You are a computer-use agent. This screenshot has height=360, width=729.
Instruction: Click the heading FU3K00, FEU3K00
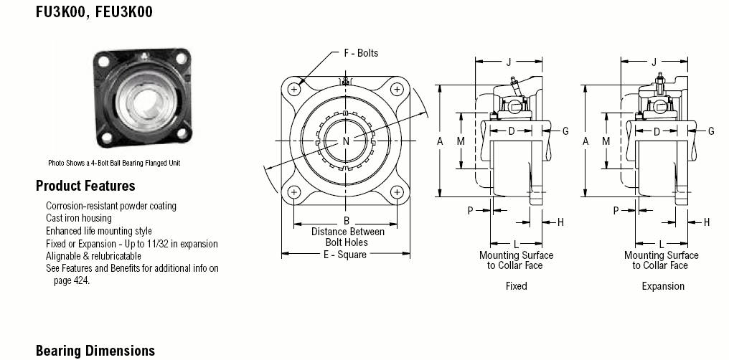(x=94, y=11)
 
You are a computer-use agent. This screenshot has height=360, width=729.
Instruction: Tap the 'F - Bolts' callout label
(x=361, y=53)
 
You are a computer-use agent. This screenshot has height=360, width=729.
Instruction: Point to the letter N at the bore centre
(x=346, y=141)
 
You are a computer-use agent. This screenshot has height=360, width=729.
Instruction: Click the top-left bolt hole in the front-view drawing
(x=294, y=89)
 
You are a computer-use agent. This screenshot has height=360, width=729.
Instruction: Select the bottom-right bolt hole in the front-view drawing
(x=397, y=191)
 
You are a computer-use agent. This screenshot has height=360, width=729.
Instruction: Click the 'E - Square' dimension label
(x=345, y=254)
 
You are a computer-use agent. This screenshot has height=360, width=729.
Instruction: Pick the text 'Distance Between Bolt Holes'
(x=348, y=237)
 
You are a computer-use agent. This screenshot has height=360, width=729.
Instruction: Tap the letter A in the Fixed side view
(x=441, y=141)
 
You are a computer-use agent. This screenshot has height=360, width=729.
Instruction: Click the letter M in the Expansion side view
(x=606, y=141)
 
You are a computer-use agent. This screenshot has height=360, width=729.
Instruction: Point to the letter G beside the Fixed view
(x=565, y=131)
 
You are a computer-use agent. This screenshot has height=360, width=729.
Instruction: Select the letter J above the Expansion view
(x=654, y=62)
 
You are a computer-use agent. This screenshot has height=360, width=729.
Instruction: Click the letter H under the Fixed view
(x=560, y=222)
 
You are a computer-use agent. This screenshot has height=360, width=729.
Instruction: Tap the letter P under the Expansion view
(x=616, y=211)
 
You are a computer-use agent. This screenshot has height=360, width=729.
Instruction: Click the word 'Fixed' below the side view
(x=517, y=286)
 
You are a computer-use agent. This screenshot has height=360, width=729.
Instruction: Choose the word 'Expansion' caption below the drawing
(x=663, y=286)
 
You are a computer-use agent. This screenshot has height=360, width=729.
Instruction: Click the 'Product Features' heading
(x=85, y=186)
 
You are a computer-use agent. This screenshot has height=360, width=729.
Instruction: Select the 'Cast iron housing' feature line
(x=79, y=218)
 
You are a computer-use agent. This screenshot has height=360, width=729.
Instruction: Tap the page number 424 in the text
(x=81, y=280)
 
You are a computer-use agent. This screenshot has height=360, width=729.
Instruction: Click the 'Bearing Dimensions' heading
(x=95, y=350)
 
